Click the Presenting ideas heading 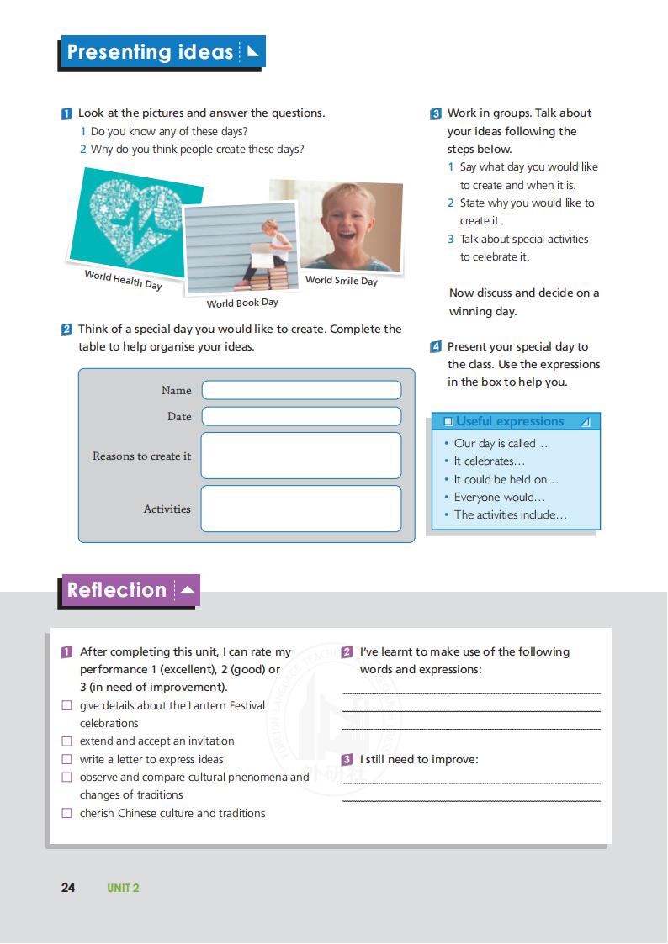point(150,52)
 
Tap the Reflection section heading point(117,590)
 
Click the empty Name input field point(301,390)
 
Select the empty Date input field point(301,416)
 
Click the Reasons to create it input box point(301,456)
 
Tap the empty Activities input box point(301,509)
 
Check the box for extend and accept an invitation point(67,741)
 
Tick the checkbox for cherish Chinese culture point(67,814)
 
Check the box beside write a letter point(67,760)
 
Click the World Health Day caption point(123,280)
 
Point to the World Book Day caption point(242,303)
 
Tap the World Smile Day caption point(341,281)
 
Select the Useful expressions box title point(510,421)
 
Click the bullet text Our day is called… point(501,443)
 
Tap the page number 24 point(68,888)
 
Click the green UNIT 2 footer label point(123,889)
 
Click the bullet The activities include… point(510,514)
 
